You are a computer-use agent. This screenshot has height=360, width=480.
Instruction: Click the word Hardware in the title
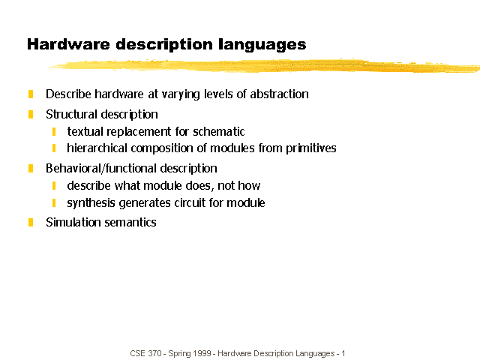(x=68, y=44)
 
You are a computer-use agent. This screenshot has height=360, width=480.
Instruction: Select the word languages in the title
(x=262, y=45)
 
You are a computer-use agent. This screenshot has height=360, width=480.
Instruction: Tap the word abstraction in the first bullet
(x=279, y=94)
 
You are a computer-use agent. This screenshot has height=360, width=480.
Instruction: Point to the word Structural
(x=71, y=114)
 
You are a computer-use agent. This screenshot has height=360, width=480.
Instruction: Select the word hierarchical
(x=97, y=148)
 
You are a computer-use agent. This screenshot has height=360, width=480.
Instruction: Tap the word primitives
(x=310, y=148)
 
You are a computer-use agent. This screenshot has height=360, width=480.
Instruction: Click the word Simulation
(x=73, y=222)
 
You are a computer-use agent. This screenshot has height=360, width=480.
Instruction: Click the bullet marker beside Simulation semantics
(x=31, y=222)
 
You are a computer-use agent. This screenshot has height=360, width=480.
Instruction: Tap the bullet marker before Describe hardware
(x=31, y=94)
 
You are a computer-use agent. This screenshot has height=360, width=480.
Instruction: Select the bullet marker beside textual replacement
(x=54, y=132)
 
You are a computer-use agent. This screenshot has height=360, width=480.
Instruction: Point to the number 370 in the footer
(x=155, y=353)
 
